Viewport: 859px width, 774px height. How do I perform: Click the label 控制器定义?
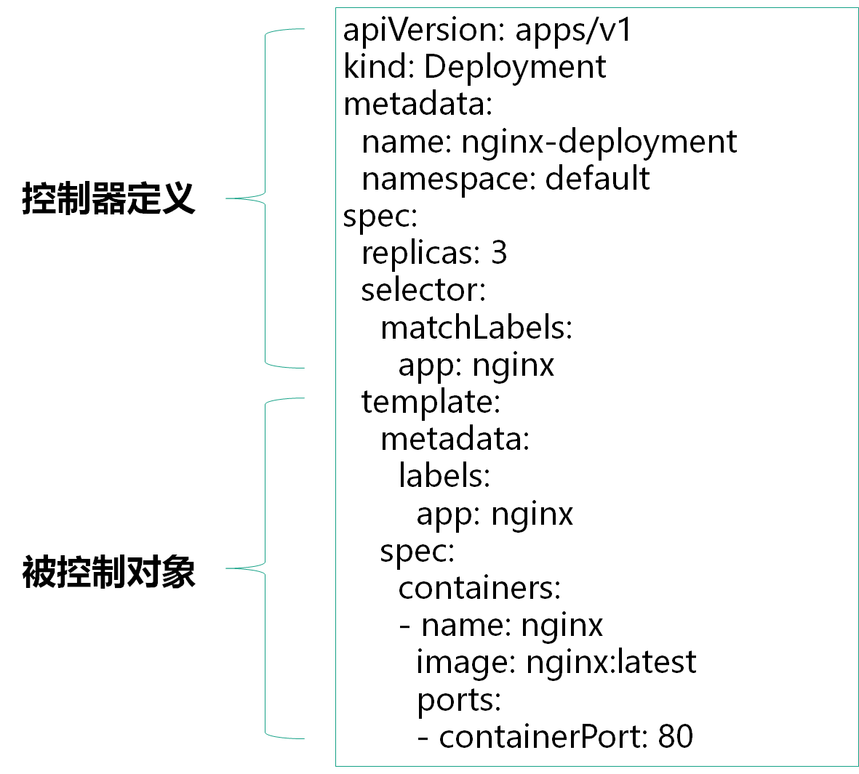[108, 198]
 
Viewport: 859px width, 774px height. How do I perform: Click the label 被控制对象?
[108, 572]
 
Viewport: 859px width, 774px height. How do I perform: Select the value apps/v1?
[574, 31]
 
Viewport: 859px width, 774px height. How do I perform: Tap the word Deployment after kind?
[514, 68]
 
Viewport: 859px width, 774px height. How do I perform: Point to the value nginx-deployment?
[599, 142]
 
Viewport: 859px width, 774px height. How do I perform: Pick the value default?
[597, 179]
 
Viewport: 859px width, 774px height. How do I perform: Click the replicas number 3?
[499, 254]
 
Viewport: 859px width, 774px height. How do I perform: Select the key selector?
[421, 291]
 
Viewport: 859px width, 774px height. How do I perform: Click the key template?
[429, 402]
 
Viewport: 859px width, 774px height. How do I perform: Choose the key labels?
[442, 476]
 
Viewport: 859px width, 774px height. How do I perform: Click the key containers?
[478, 588]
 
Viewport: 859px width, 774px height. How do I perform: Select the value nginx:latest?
[611, 662]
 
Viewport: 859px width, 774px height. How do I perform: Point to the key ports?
[457, 700]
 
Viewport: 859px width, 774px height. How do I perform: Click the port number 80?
[676, 737]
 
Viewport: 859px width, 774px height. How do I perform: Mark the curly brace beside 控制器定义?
[265, 198]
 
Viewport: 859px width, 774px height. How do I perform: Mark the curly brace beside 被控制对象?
[265, 568]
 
